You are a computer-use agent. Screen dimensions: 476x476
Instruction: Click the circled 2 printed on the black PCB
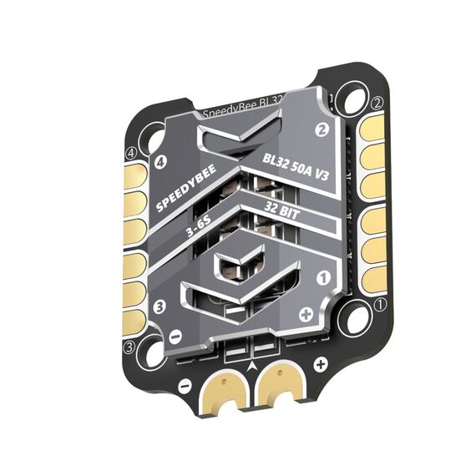click(377, 103)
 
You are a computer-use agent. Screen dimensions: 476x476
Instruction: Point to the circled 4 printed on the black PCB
click(130, 154)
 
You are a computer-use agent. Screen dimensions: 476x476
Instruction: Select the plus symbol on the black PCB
click(320, 365)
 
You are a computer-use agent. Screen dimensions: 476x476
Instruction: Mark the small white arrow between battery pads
click(253, 365)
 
